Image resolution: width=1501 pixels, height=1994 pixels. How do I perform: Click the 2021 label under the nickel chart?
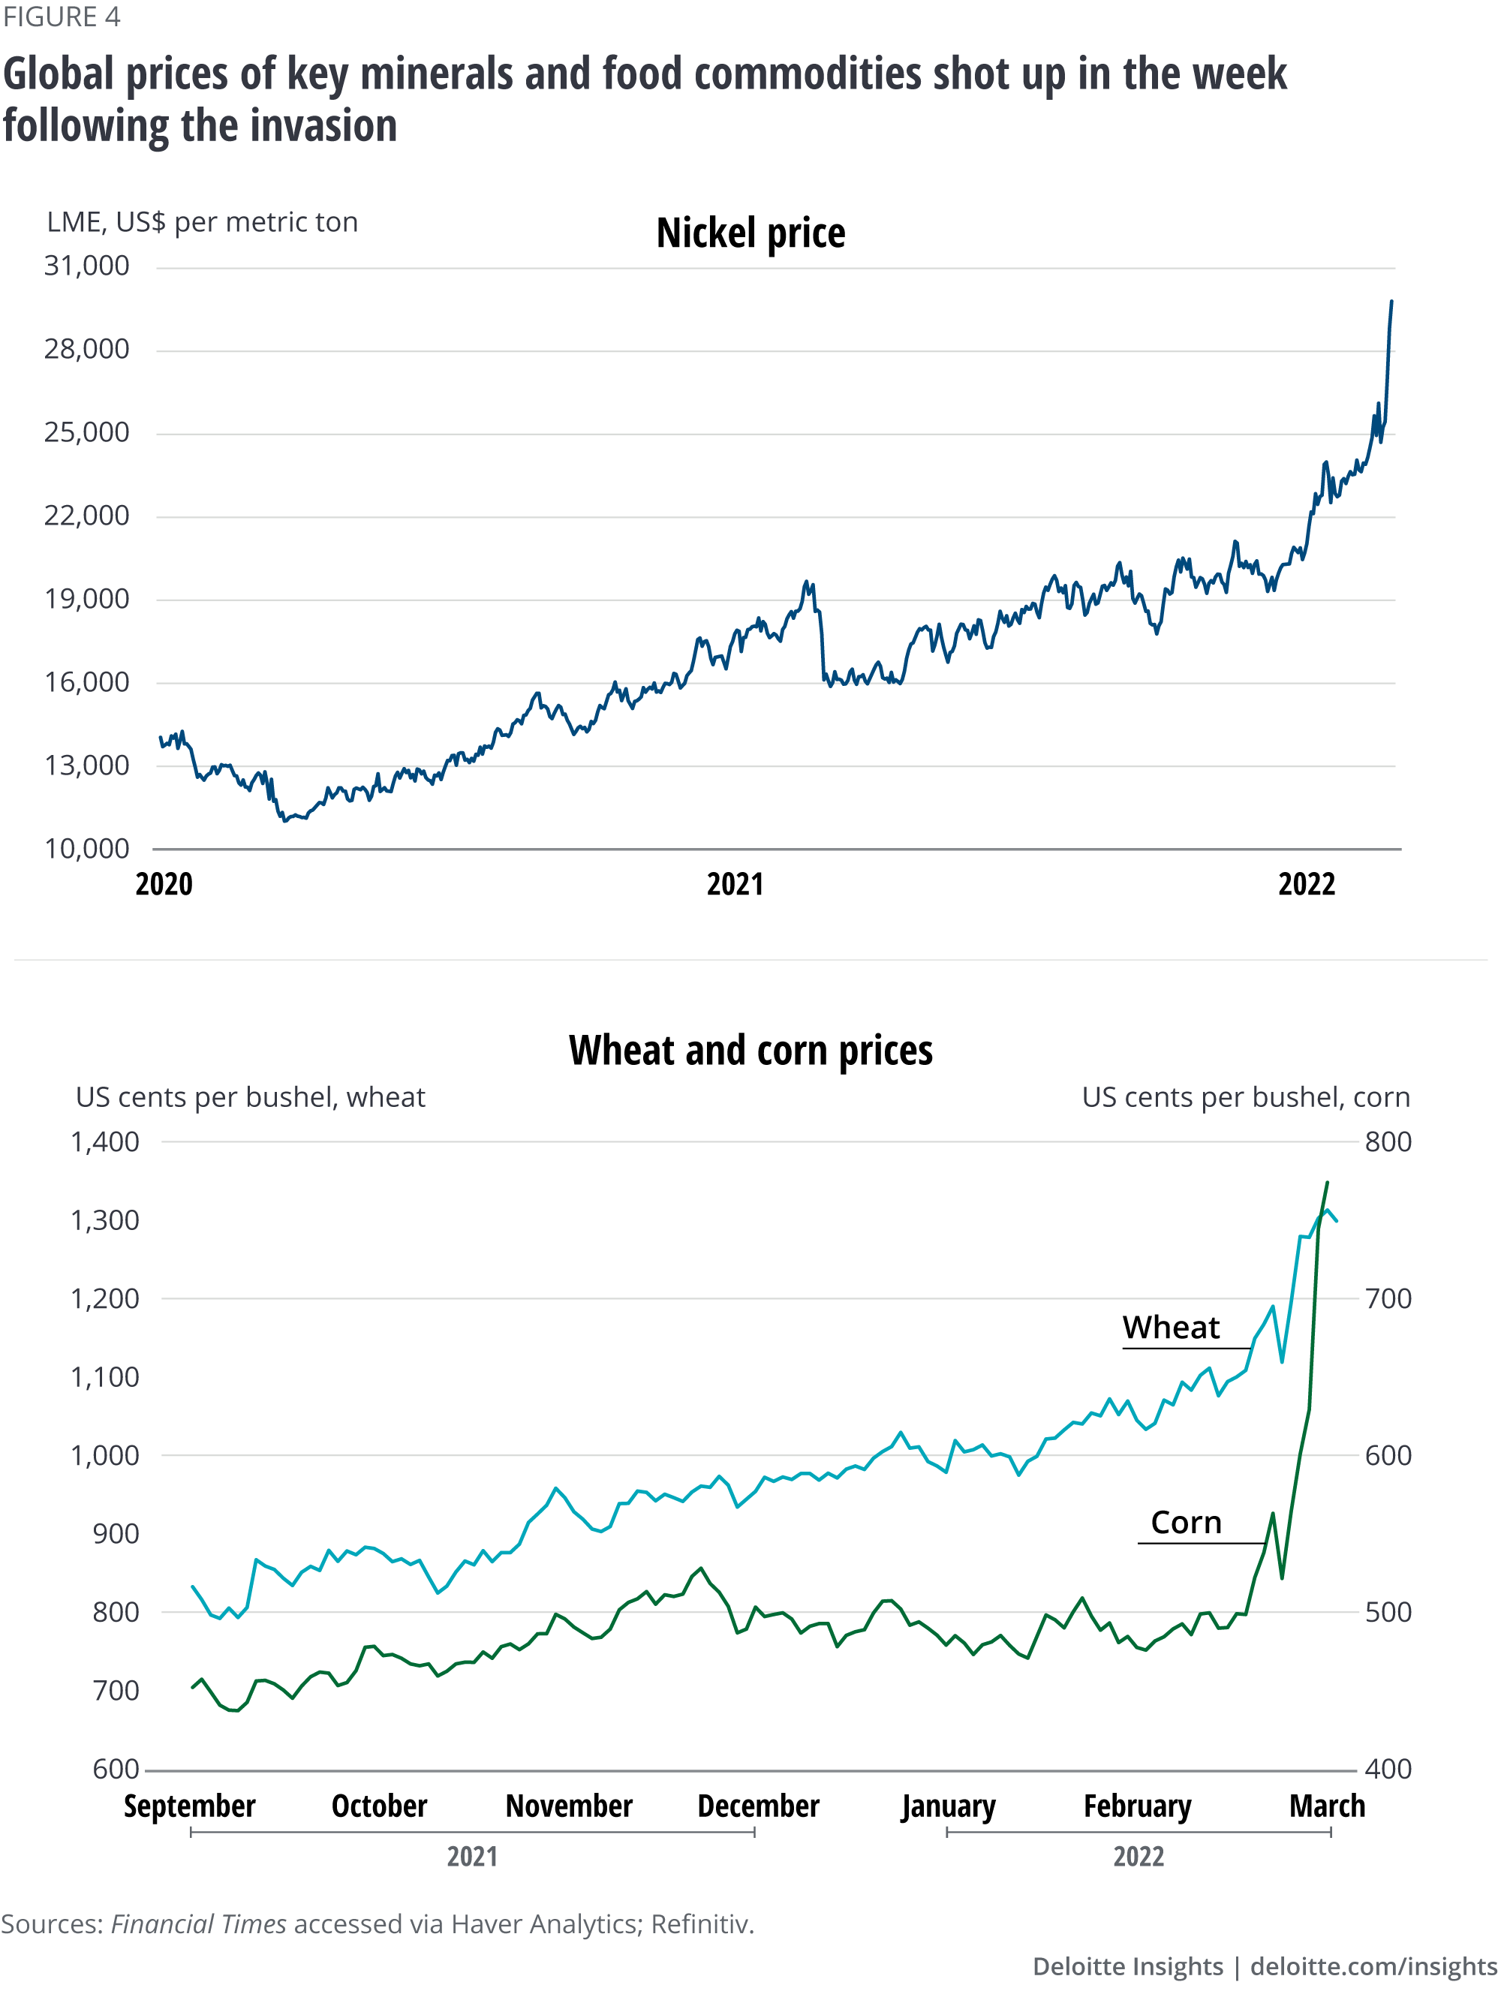(735, 884)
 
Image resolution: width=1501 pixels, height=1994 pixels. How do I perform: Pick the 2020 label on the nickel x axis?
(164, 884)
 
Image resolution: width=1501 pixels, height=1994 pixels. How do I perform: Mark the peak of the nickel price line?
(1391, 301)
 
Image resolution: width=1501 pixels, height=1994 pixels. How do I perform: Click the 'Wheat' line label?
(1170, 1328)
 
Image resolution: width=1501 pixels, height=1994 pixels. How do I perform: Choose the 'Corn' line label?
(1186, 1523)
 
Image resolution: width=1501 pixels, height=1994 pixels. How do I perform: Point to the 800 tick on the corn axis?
(1388, 1142)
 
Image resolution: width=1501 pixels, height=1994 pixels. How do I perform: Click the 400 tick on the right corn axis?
(1388, 1769)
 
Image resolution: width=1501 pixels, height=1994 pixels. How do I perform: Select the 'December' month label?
(758, 1806)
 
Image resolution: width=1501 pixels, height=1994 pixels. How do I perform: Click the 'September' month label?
(189, 1806)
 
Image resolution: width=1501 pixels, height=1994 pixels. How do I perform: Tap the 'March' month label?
(1327, 1806)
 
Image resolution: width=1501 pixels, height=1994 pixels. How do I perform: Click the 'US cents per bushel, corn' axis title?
(1245, 1097)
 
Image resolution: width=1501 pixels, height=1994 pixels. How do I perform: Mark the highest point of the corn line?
(1327, 1182)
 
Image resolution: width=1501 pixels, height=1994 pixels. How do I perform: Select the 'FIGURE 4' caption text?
(62, 17)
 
